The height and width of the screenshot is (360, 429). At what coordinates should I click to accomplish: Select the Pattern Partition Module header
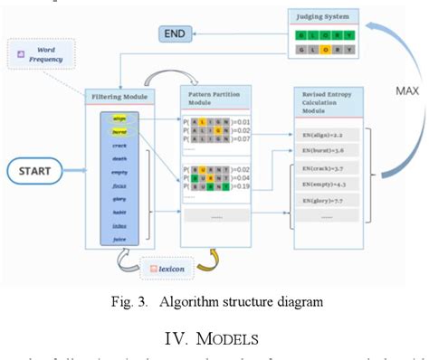(214, 96)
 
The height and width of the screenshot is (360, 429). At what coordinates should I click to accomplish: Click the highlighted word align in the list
(119, 118)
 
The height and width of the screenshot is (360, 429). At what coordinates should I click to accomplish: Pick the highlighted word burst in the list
(119, 131)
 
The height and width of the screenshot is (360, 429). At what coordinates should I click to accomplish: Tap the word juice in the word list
(119, 240)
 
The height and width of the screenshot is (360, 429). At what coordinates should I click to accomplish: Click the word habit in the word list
(119, 213)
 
